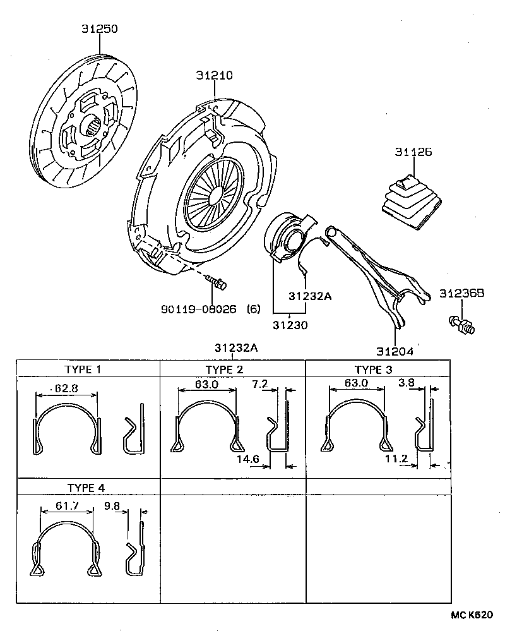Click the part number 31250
coord(100,29)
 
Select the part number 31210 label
coord(214,75)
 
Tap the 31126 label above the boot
coord(413,152)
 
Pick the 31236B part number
coord(461,293)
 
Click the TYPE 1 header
coord(83,370)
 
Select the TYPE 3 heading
coord(373,370)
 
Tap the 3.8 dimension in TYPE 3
coord(407,383)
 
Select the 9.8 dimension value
coord(112,506)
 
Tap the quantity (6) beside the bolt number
coord(252,309)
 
